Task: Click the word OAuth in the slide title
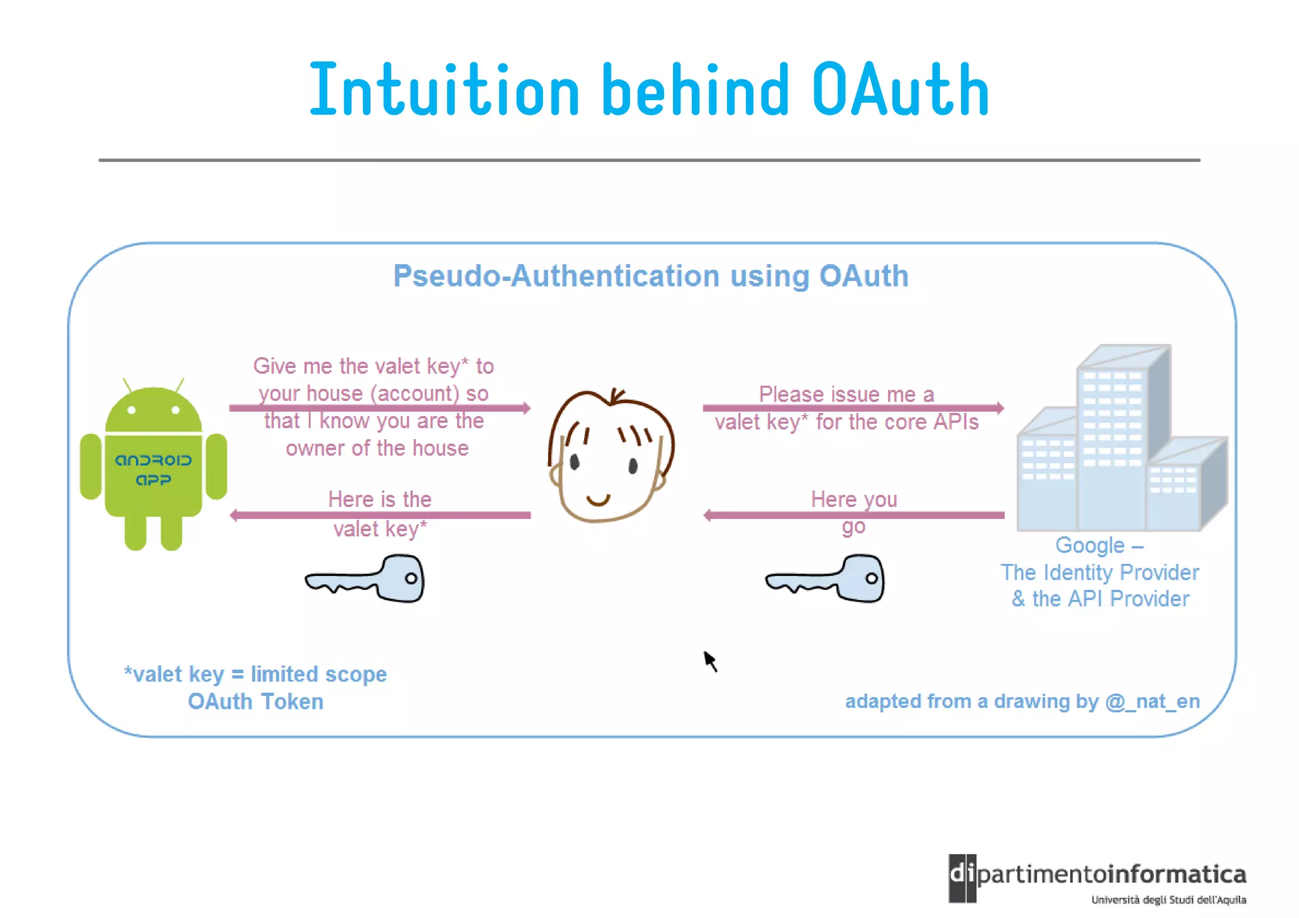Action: [901, 91]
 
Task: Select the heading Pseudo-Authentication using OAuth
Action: [651, 276]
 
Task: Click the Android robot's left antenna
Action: [127, 384]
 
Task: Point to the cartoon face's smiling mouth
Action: [598, 501]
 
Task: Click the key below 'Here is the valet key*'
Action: [367, 579]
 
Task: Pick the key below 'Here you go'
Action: [826, 579]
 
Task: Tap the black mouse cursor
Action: [710, 660]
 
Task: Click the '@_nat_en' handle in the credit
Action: [1152, 701]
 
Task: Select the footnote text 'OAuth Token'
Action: [256, 702]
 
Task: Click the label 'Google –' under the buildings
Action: [1099, 545]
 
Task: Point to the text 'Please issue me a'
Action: [847, 394]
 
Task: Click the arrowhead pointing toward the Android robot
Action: [234, 515]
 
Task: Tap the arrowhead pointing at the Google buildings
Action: [1000, 408]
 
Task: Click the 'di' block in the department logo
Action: [962, 877]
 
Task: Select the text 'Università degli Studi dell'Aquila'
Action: [1168, 900]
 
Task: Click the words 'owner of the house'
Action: [377, 449]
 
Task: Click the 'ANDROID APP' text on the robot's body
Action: [153, 469]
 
